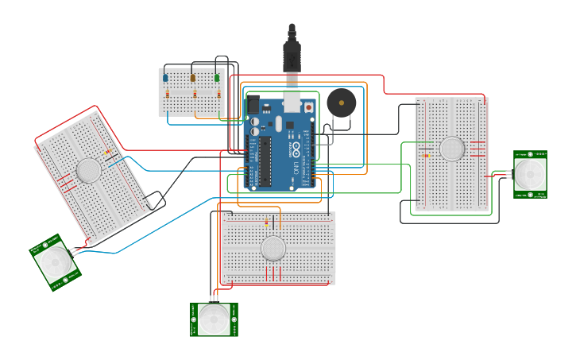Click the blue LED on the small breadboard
point(165,77)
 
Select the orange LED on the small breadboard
point(192,77)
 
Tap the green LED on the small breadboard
point(217,77)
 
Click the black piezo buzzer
point(342,103)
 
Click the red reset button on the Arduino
point(308,106)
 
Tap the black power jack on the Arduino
point(253,104)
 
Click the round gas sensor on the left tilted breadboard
point(88,169)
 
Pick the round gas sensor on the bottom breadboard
point(273,248)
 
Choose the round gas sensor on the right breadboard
point(451,149)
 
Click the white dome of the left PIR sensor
point(56,261)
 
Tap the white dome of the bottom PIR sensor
point(214,319)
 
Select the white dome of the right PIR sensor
point(530,174)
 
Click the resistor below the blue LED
point(166,94)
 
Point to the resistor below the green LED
point(218,94)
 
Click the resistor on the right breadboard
point(427,156)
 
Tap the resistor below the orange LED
point(193,94)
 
